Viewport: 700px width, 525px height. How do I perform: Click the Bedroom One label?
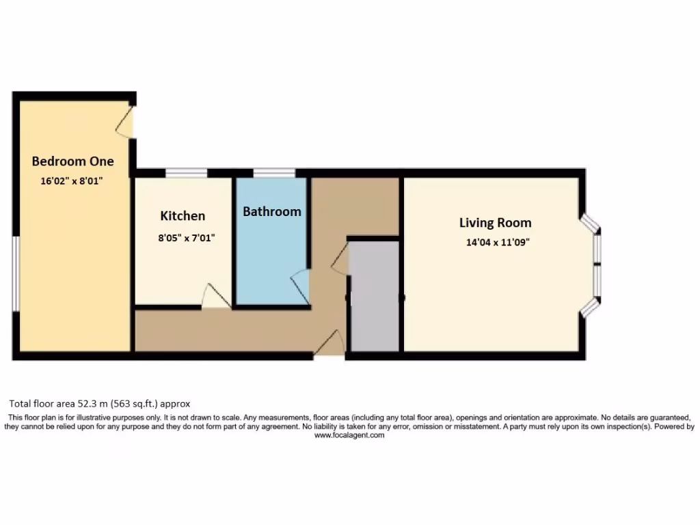click(x=72, y=161)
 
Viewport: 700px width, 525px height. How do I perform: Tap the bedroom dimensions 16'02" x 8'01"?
click(x=72, y=182)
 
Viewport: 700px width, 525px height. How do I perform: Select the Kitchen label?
click(x=183, y=216)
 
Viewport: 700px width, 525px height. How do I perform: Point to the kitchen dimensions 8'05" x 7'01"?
click(x=183, y=239)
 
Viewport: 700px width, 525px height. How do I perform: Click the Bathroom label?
click(x=271, y=211)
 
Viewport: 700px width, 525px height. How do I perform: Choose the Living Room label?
click(x=495, y=223)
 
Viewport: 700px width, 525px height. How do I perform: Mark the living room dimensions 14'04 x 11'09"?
click(x=495, y=241)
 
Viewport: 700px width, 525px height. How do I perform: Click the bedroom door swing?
click(x=124, y=120)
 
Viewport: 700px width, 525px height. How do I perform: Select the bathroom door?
click(x=301, y=285)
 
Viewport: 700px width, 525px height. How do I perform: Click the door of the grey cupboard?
click(x=341, y=260)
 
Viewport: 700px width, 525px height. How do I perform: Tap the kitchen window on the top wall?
click(x=187, y=173)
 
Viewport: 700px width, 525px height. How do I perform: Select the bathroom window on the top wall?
click(x=273, y=173)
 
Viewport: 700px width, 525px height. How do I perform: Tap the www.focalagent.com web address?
click(x=349, y=435)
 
